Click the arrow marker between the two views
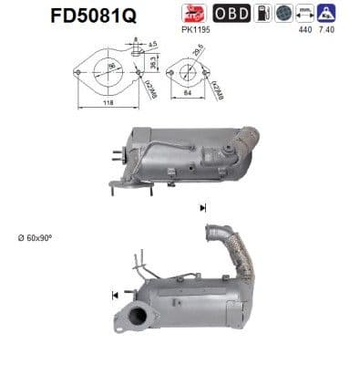pos(203,208)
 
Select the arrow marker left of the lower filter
pos(116,295)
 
